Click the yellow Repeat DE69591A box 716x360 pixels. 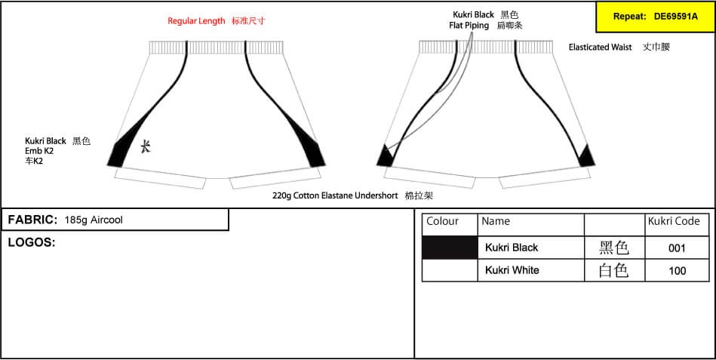click(656, 17)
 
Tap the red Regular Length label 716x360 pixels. click(196, 21)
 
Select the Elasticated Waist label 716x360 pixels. click(600, 47)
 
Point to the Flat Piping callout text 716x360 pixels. click(469, 26)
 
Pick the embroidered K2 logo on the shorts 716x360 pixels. click(145, 146)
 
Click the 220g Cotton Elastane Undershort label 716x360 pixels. click(335, 196)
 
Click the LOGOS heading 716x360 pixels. click(32, 242)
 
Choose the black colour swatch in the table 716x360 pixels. click(450, 247)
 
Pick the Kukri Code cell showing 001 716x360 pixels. click(677, 248)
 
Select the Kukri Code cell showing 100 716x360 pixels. click(677, 270)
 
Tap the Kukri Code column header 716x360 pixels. click(674, 222)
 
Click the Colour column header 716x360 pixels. click(442, 222)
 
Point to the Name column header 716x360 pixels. click(496, 222)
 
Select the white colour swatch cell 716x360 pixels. click(450, 270)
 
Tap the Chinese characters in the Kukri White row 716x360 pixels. click(614, 270)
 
